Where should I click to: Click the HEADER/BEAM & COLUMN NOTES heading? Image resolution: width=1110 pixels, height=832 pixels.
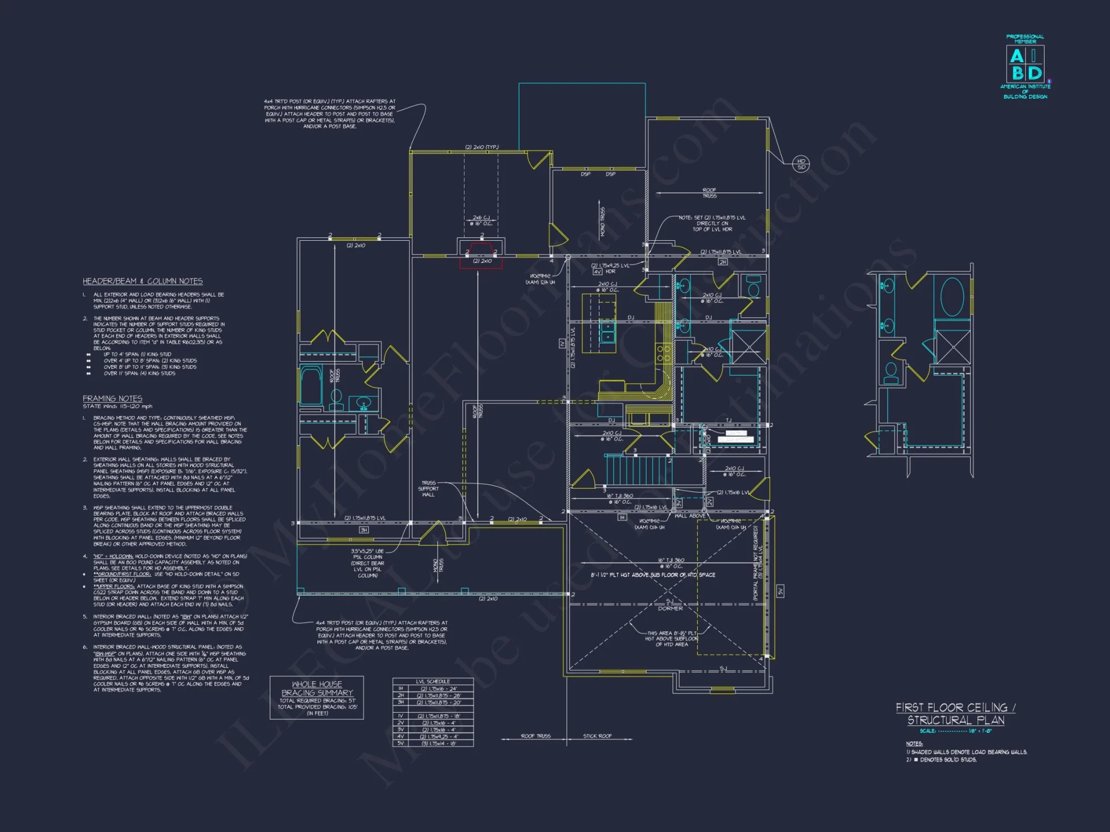point(143,281)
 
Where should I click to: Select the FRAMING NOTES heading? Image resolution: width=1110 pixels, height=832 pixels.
point(112,398)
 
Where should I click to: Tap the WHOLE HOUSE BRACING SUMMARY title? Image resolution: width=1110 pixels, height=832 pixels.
point(317,688)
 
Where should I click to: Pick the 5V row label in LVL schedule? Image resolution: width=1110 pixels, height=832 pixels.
point(401,743)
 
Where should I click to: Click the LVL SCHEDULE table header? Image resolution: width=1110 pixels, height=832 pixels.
point(433,681)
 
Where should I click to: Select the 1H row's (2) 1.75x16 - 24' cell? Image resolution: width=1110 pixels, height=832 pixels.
point(438,688)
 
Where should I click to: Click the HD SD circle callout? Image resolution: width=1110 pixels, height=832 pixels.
point(801,164)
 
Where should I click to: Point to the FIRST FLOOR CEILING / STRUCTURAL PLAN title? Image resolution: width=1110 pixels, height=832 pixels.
point(956,714)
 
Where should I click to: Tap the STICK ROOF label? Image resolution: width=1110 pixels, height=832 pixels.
point(597,736)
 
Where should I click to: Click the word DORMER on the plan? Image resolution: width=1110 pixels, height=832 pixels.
point(670,608)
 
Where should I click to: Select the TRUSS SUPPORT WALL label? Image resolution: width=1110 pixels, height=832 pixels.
point(428,489)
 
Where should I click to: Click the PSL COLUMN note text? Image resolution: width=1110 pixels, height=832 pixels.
point(367,563)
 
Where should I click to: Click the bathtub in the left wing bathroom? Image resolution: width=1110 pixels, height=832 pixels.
point(311,385)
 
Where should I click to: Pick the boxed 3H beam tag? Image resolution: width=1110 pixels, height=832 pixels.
point(364,530)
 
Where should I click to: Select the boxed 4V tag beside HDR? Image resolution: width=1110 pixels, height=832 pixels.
point(597,272)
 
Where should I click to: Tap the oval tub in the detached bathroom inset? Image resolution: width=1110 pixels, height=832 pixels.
point(952,297)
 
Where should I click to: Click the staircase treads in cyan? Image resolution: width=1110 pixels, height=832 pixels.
point(638,470)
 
